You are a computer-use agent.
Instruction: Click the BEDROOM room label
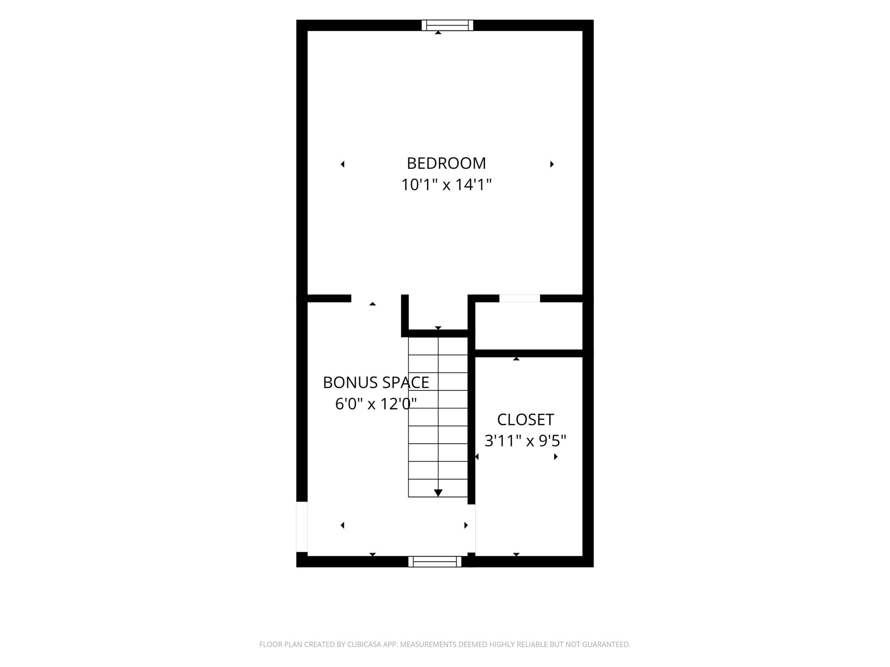(446, 163)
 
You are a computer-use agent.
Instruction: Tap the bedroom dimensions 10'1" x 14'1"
(446, 185)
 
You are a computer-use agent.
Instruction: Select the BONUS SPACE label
(376, 382)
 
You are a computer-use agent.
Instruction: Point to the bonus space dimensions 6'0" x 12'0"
(376, 404)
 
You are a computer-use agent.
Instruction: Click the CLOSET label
(525, 420)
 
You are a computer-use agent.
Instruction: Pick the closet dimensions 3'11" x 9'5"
(525, 441)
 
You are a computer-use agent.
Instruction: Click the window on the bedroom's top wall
(447, 25)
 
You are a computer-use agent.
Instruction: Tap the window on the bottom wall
(435, 562)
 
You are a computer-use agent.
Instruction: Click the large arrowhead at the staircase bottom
(438, 493)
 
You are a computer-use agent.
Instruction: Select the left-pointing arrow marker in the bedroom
(342, 164)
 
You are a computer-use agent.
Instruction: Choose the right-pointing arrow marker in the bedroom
(552, 164)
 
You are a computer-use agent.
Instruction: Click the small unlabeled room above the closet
(529, 326)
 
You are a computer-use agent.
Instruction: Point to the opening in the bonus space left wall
(302, 527)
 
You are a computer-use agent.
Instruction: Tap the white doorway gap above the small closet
(519, 298)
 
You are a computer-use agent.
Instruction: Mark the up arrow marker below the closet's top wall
(516, 359)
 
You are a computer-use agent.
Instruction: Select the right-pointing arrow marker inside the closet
(556, 457)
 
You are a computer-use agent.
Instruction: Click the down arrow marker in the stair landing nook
(438, 328)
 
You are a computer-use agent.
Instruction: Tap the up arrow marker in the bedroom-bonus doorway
(373, 304)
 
